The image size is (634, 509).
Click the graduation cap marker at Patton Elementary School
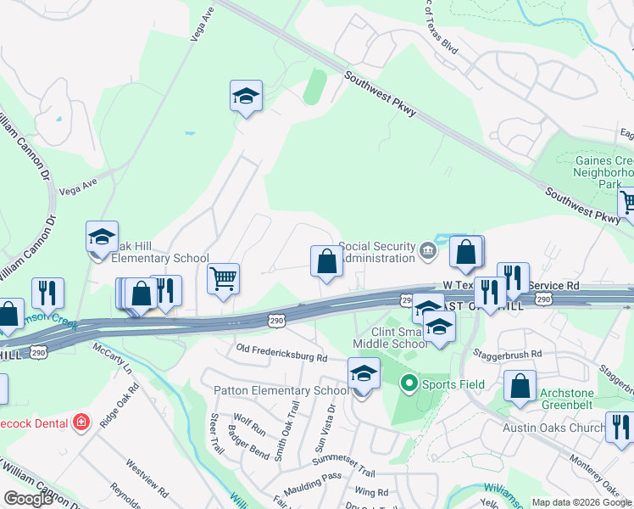[x=364, y=374]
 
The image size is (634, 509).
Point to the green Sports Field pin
[x=409, y=384]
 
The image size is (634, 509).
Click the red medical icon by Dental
[x=81, y=422]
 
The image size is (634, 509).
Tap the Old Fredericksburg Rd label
[x=281, y=353]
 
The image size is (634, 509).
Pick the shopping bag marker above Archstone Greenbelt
[x=520, y=386]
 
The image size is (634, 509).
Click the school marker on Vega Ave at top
[x=246, y=97]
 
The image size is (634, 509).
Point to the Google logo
[x=28, y=499]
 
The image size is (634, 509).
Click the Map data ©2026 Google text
[x=581, y=502]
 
